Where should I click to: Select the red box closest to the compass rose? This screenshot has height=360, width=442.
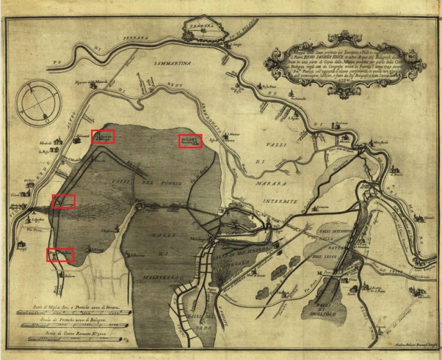[x=103, y=135]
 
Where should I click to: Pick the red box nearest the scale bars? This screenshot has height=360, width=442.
[x=60, y=254]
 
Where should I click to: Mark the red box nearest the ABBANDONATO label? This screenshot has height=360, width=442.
[x=190, y=140]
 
